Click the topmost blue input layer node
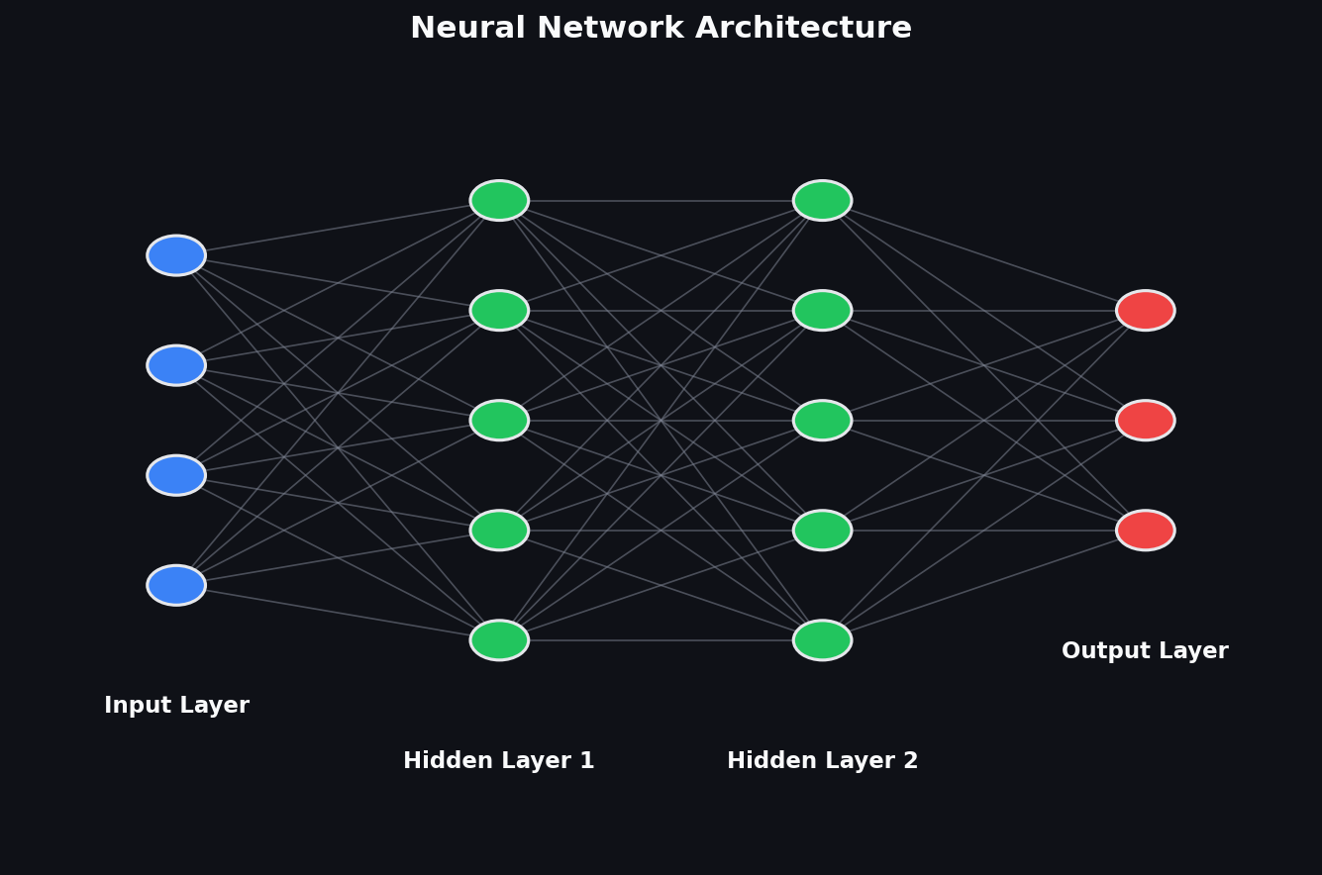point(176,255)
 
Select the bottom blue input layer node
point(176,585)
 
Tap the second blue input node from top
point(176,365)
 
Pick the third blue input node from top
point(176,475)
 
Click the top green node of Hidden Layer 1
point(499,201)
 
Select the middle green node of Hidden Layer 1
point(499,420)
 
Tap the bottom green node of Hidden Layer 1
point(499,640)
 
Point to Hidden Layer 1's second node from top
point(499,311)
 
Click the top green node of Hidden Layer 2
point(823,201)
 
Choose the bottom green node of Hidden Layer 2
point(823,640)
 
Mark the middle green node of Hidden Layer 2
point(823,420)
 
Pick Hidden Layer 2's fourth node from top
point(823,531)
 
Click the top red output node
point(1146,311)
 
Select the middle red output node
point(1146,420)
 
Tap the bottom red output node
point(1146,531)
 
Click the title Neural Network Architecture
point(661,28)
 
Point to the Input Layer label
point(176,706)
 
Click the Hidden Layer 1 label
point(499,760)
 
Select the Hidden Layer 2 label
point(823,760)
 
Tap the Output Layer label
point(1145,651)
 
